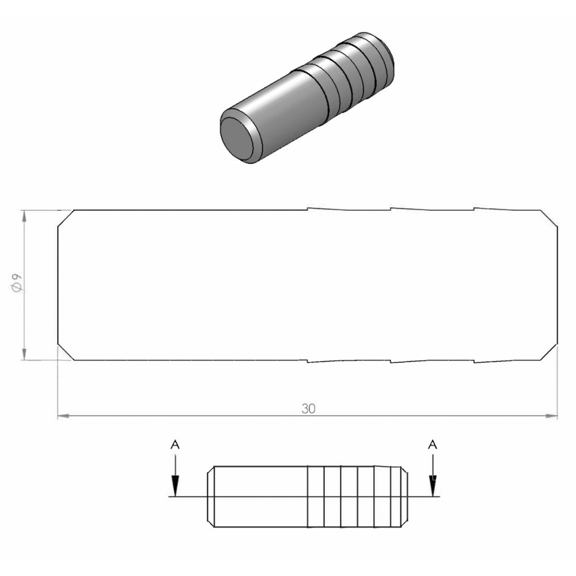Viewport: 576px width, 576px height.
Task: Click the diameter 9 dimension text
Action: coord(17,285)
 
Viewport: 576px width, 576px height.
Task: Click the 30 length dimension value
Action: coord(308,408)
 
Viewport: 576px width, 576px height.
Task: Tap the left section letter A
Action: coord(176,444)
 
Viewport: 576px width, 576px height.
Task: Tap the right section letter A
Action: coord(433,444)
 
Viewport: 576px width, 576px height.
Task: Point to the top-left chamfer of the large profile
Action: coord(65,218)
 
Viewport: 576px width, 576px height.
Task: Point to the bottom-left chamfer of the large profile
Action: coord(65,353)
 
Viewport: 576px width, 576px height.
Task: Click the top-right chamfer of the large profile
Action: coord(550,218)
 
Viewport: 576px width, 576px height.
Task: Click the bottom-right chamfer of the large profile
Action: coord(550,353)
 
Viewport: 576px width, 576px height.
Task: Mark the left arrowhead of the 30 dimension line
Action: coord(63,415)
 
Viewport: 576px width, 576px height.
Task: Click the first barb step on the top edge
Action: coord(308,209)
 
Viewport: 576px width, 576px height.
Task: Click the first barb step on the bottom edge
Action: coord(308,362)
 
